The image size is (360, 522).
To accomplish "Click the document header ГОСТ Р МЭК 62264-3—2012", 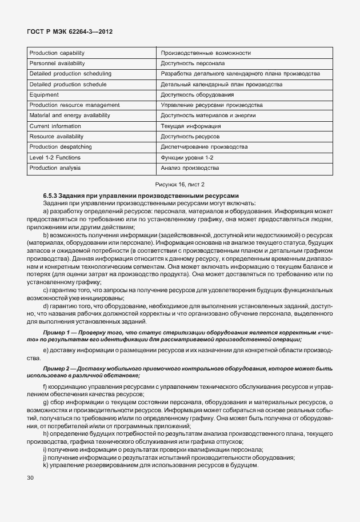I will [69, 33].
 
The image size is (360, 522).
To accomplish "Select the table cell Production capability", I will [57, 53].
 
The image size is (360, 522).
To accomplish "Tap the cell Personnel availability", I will [57, 63].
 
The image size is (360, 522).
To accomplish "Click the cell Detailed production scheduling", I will [70, 74].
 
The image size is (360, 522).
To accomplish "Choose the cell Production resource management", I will [74, 105].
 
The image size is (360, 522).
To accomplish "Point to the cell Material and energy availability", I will [69, 115].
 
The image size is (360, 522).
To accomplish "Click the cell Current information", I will [55, 126].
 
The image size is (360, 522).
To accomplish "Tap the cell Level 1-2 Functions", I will [55, 157].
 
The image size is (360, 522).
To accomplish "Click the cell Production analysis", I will [55, 168].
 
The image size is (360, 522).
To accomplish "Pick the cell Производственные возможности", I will [206, 53].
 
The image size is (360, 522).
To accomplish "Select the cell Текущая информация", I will [191, 126].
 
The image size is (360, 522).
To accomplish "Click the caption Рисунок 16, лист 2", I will [180, 184].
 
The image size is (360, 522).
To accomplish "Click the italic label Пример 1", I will [56, 332].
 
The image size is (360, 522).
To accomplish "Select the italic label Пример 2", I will [56, 369].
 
